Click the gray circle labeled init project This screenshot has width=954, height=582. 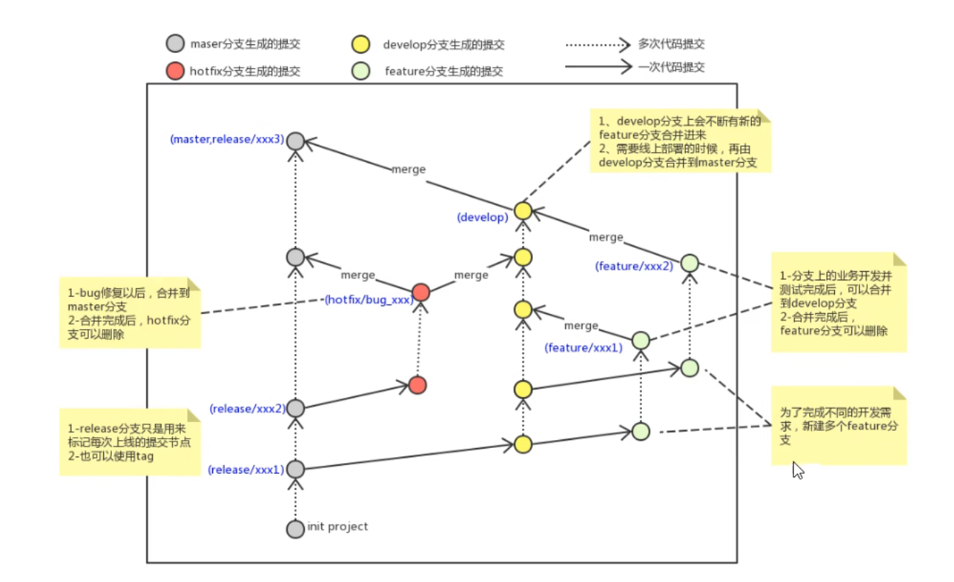pos(296,529)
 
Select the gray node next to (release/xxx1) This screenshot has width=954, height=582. pos(296,469)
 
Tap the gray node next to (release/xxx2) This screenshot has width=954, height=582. pos(296,408)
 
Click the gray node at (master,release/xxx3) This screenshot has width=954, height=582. pos(296,140)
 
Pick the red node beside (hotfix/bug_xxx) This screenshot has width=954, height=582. pos(421,292)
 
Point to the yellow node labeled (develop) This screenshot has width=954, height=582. pos(523,211)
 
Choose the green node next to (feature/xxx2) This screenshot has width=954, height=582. pos(689,263)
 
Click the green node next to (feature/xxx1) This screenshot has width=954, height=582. pos(641,340)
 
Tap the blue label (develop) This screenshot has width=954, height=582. pos(482,216)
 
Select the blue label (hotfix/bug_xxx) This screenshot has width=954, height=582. pos(369,300)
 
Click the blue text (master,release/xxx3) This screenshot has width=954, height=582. pos(227,140)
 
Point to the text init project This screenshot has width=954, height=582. pos(337,527)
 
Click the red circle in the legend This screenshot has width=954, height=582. pos(175,71)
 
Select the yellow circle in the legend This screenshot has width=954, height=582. pos(361,44)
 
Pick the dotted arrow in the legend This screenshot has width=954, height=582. pos(597,44)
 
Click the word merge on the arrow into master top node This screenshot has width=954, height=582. pos(408,170)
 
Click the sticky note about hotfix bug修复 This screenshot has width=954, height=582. pos(129,313)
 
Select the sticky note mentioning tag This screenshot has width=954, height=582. pos(129,441)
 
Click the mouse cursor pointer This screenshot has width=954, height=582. pos(797,469)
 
